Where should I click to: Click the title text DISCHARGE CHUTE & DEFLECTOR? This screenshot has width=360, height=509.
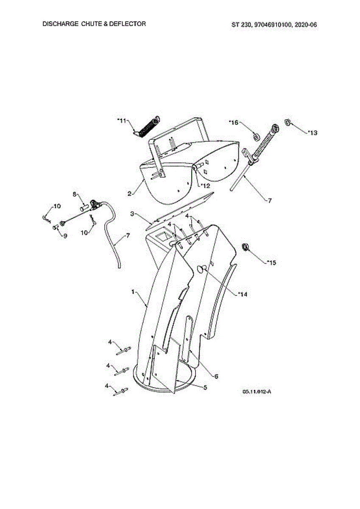(94, 24)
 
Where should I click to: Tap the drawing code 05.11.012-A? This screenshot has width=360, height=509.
(257, 392)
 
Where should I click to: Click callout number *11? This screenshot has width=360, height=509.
(122, 121)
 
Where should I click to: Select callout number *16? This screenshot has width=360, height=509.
(234, 123)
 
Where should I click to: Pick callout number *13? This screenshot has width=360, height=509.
(312, 133)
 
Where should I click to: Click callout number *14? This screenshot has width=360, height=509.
(242, 294)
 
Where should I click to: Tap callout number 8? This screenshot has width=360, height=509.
(74, 194)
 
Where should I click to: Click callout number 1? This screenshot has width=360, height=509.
(133, 292)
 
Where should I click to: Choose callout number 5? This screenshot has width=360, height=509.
(205, 388)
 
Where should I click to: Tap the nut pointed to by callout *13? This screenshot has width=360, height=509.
(286, 122)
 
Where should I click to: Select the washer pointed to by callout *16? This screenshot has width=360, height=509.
(256, 136)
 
